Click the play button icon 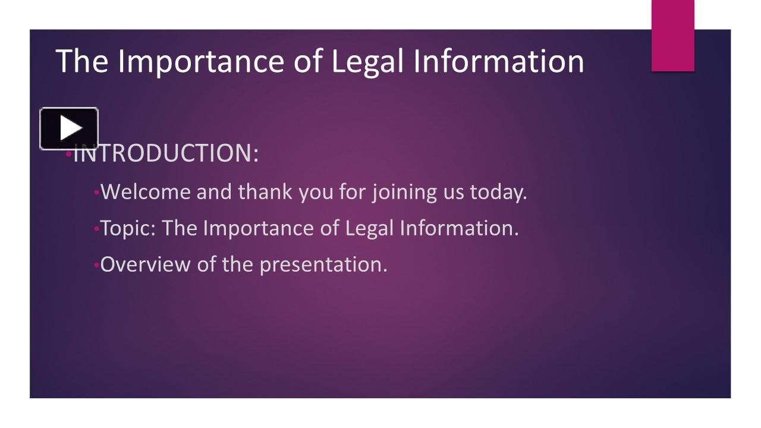pyautogui.click(x=69, y=128)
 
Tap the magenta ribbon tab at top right pyautogui.click(x=672, y=36)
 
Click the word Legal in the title pyautogui.click(x=366, y=61)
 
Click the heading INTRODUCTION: pyautogui.click(x=166, y=153)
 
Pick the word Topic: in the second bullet pyautogui.click(x=128, y=228)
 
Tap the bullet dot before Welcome pyautogui.click(x=96, y=193)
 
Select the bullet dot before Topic pyautogui.click(x=96, y=229)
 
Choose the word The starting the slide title pyautogui.click(x=81, y=61)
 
